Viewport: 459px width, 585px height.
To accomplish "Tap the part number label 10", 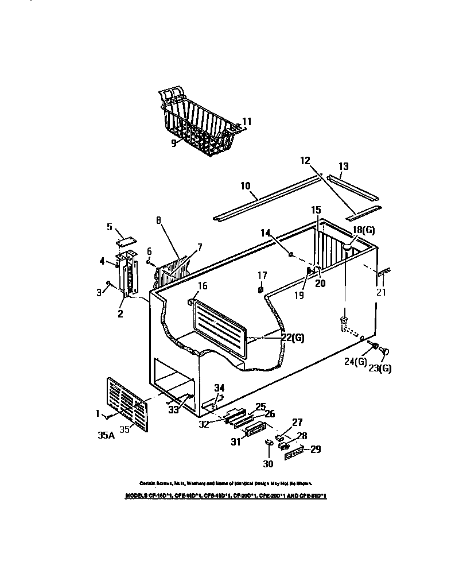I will coord(246,186).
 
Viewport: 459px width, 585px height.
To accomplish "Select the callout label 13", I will coord(343,166).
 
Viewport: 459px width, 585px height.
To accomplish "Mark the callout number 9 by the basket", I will coord(173,144).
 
